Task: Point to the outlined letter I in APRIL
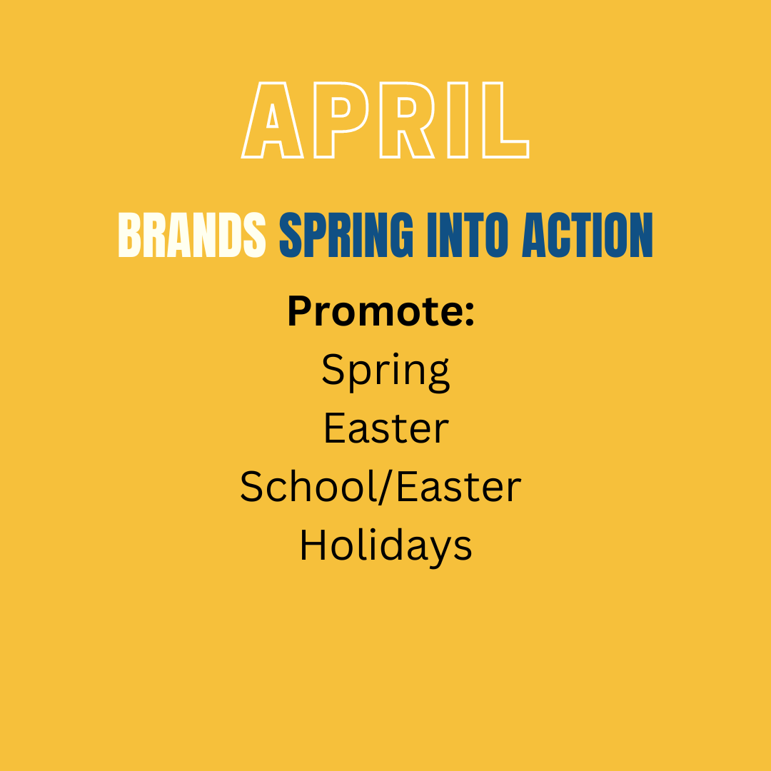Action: pyautogui.click(x=458, y=120)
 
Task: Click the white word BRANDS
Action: pyautogui.click(x=192, y=235)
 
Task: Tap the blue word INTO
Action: pyautogui.click(x=468, y=235)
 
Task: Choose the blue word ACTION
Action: pyautogui.click(x=587, y=235)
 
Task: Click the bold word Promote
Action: pyautogui.click(x=375, y=311)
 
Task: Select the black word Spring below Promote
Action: pyautogui.click(x=385, y=372)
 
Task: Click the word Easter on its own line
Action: pyautogui.click(x=386, y=428)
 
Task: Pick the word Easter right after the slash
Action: pyautogui.click(x=458, y=486)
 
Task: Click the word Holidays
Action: pyautogui.click(x=386, y=546)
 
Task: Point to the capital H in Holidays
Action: pyautogui.click(x=313, y=545)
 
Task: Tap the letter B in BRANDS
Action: pyautogui.click(x=129, y=235)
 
